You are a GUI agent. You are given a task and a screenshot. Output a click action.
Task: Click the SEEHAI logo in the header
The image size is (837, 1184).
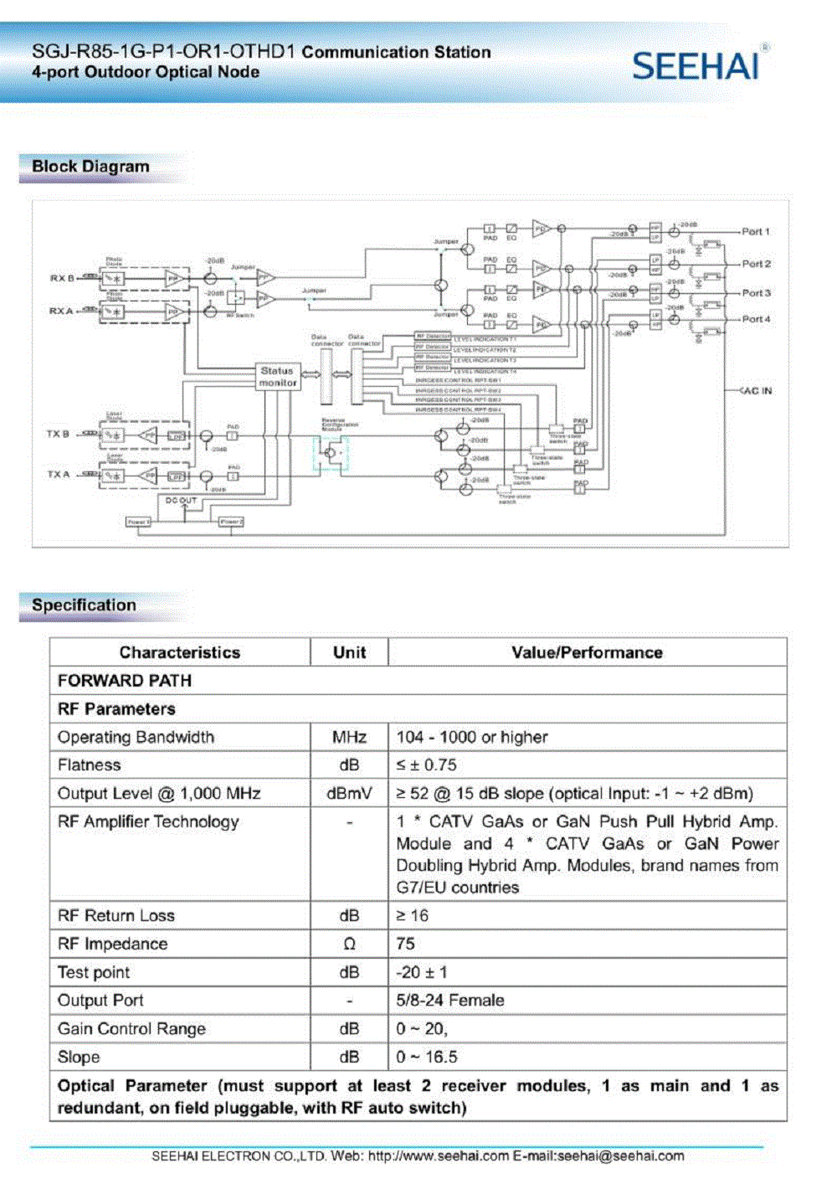(696, 65)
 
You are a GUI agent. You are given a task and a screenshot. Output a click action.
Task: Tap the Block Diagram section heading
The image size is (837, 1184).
(90, 167)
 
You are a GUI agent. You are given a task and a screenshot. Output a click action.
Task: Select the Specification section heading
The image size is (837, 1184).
(84, 605)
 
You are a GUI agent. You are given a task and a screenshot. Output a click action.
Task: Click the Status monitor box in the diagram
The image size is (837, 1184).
(278, 377)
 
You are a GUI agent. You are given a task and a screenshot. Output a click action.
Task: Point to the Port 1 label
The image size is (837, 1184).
(756, 232)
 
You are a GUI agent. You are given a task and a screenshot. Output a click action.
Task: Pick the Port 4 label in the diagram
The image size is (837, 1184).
(756, 319)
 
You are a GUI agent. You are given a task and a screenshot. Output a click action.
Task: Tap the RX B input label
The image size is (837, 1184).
(61, 278)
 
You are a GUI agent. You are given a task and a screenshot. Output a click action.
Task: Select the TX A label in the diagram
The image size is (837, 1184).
(59, 475)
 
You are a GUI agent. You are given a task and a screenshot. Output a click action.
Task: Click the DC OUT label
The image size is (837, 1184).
(181, 501)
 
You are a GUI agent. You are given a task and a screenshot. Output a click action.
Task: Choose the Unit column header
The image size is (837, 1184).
(349, 652)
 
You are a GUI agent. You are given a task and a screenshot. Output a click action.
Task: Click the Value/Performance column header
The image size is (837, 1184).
(587, 652)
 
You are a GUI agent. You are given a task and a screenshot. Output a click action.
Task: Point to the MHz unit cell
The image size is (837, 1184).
(349, 737)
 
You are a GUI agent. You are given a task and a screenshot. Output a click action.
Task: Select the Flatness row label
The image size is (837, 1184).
(90, 765)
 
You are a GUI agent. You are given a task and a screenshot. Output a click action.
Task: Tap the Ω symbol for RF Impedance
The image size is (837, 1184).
(349, 945)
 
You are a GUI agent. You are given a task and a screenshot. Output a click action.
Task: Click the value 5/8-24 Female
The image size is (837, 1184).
(450, 1001)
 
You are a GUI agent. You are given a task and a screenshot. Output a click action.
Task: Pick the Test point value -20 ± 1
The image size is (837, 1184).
(422, 972)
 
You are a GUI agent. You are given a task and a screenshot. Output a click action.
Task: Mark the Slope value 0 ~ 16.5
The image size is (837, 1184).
(427, 1058)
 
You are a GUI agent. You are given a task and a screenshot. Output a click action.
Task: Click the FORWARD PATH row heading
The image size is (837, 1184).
(125, 681)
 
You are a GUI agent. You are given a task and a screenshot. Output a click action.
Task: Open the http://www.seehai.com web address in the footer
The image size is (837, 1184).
(439, 1156)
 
